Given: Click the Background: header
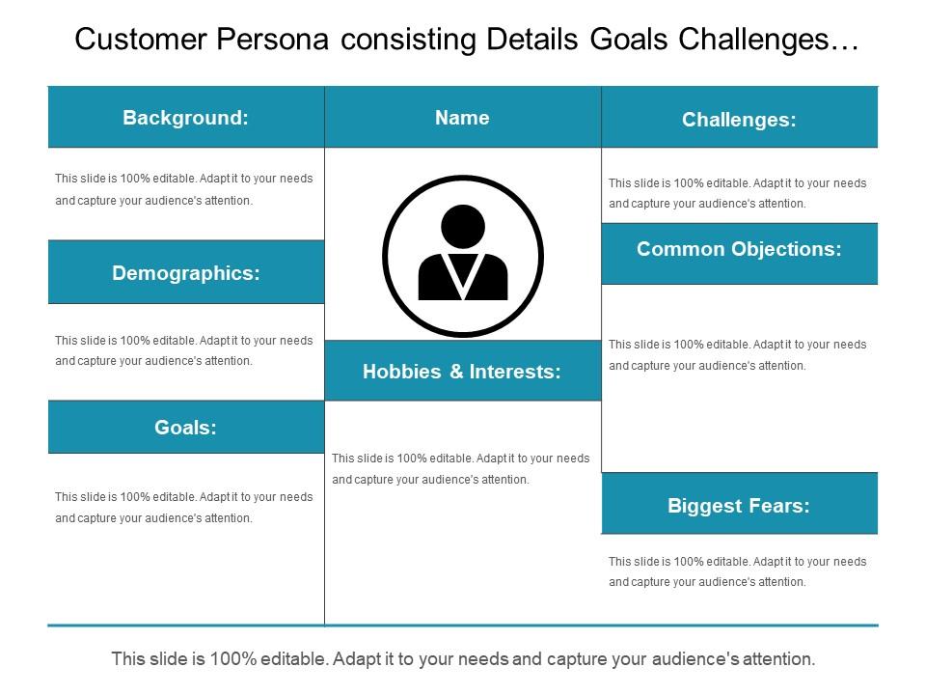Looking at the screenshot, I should point(186,118).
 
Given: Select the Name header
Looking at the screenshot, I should point(462,118).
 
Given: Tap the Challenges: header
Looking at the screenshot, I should point(739,120).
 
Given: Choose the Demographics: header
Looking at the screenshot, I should point(186,273).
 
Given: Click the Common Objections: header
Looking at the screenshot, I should point(739,249).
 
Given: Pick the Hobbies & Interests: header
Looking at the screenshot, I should point(462,371).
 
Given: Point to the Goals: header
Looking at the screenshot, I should point(186,427).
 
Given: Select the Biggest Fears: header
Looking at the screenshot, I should point(739,505).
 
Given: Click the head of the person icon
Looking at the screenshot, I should point(463,226).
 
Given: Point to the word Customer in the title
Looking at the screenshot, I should point(142,40).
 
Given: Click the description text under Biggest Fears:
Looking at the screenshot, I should point(738,571).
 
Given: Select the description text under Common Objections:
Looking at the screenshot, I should point(738,354).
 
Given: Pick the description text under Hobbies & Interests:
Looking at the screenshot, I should point(460,468).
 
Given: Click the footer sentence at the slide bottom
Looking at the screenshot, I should point(463,659).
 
